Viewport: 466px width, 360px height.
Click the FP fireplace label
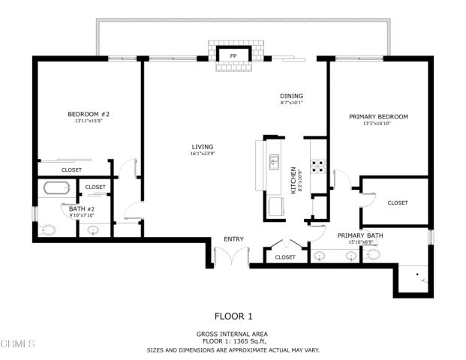tap(233, 56)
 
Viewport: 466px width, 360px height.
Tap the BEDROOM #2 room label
tap(89, 115)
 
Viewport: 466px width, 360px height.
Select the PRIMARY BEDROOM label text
tap(378, 116)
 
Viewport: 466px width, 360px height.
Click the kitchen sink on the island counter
tap(275, 160)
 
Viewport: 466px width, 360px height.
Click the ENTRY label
tap(233, 239)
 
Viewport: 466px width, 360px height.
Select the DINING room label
tap(291, 96)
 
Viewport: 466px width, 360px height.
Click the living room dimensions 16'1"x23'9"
tap(203, 154)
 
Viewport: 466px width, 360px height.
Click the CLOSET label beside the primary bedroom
tap(398, 202)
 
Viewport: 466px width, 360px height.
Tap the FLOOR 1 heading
tap(233, 316)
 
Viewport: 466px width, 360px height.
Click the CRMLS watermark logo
tap(18, 343)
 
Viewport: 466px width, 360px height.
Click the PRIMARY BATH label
tap(360, 235)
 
